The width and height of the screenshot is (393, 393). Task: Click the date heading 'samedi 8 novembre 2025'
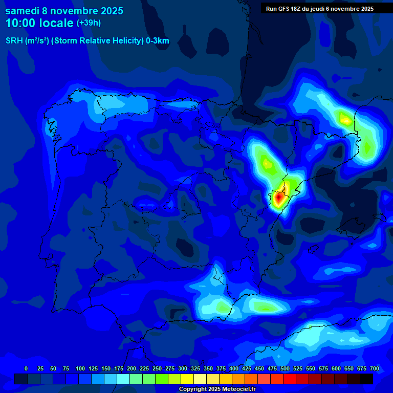click(x=64, y=11)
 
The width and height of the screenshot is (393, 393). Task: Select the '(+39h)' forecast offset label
click(x=89, y=23)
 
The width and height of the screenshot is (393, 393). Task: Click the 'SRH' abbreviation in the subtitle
click(x=14, y=41)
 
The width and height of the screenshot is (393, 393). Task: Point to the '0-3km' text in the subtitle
click(x=158, y=41)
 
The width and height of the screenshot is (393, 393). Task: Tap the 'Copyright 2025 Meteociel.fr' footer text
click(x=217, y=389)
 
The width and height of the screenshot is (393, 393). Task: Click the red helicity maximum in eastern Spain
click(x=278, y=196)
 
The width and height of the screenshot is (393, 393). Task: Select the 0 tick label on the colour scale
click(x=26, y=368)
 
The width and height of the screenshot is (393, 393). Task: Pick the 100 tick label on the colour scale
click(x=80, y=368)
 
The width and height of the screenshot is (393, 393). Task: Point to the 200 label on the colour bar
click(x=131, y=368)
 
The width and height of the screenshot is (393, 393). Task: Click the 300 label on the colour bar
click(x=182, y=368)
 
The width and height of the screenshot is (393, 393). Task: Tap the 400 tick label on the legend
click(x=233, y=368)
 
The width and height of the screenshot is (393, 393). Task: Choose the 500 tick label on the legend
click(x=285, y=368)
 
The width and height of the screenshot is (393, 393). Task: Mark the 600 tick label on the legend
click(x=336, y=368)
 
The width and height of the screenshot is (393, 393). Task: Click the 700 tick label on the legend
click(x=374, y=368)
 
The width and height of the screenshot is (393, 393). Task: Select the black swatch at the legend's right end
click(x=366, y=379)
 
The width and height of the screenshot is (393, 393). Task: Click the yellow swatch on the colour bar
click(x=187, y=379)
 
